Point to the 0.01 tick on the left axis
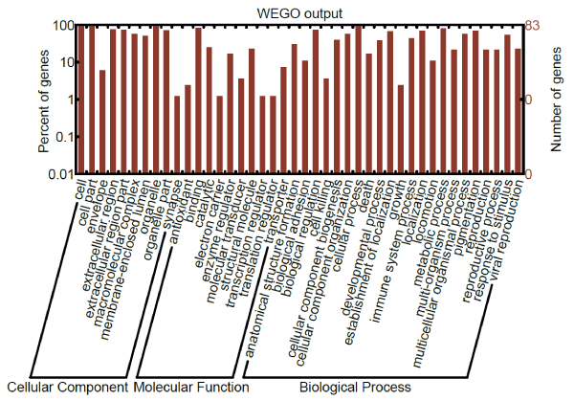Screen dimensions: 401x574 coord(61,174)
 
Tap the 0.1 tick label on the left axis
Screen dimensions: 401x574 coord(64,137)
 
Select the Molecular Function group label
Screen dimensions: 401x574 coord(191,388)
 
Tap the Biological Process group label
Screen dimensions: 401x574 coord(355,388)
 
